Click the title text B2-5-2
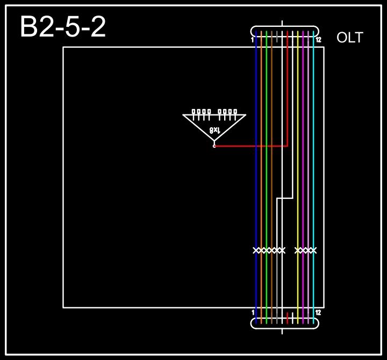63,27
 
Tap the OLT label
349,38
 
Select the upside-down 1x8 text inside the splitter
214,130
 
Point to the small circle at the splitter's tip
214,146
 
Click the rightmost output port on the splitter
235,112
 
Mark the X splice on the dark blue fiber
256,250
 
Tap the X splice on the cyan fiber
313,250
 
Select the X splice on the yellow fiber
298,250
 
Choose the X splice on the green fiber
267,250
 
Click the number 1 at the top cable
253,40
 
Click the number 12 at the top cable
318,40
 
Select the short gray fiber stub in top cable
277,37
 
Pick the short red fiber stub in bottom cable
288,318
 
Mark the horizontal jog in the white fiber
285,198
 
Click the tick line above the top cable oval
282,24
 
